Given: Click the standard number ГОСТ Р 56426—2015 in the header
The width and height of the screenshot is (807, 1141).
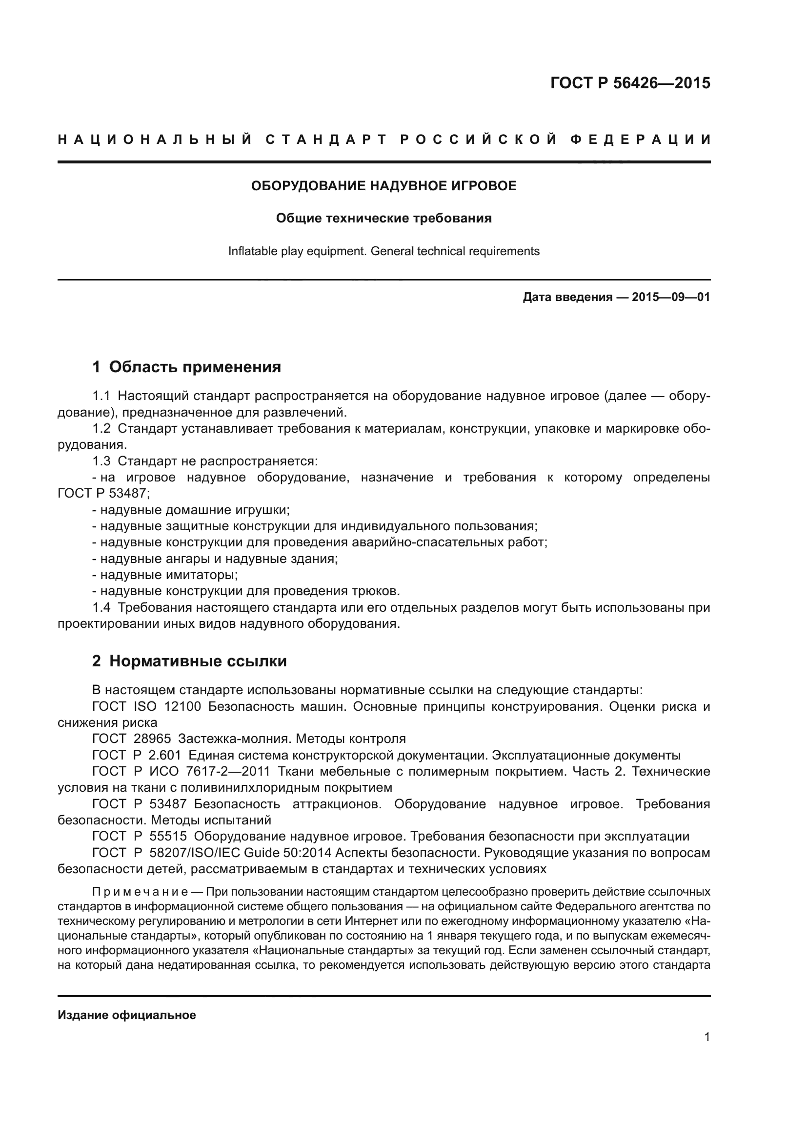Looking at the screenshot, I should [629, 83].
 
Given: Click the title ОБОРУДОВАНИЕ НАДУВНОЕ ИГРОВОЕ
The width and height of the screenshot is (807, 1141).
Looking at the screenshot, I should [383, 186].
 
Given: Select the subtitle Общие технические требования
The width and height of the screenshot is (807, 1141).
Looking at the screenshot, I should [383, 218].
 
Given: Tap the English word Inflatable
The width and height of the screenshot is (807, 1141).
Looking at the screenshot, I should [252, 251].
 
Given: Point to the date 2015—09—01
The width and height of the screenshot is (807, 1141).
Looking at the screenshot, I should [670, 297].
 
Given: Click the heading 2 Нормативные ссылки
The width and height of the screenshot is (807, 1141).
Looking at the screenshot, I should [189, 661].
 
